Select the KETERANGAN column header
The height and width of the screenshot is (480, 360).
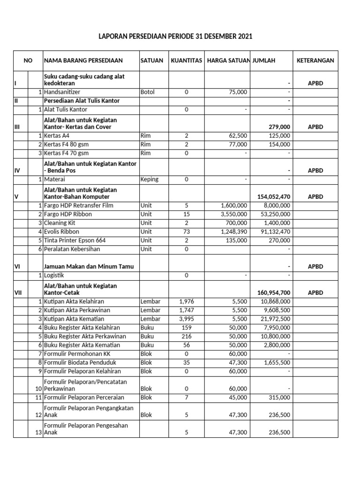tap(315, 60)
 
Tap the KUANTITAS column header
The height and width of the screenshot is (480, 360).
tap(186, 60)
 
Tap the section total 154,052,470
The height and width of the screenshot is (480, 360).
tap(274, 197)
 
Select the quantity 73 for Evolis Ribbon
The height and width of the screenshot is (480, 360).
tap(186, 232)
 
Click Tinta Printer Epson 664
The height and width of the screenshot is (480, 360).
tap(75, 240)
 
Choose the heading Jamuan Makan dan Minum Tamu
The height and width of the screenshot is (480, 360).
tap(89, 266)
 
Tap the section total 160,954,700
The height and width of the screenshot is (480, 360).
tap(274, 292)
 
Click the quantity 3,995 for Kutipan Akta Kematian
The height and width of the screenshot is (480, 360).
tap(186, 319)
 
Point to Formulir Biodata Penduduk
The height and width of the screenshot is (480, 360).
tap(79, 362)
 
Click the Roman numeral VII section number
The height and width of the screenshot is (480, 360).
tap(19, 292)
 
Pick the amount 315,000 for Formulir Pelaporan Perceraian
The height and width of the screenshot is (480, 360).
tap(279, 397)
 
